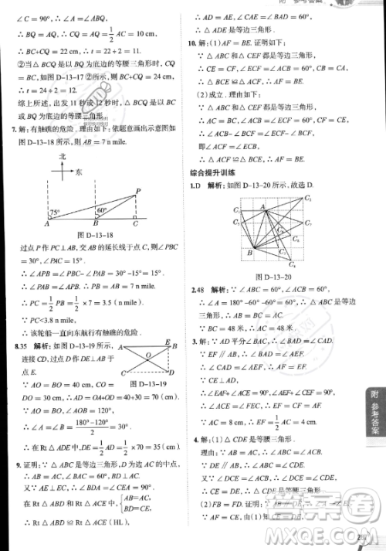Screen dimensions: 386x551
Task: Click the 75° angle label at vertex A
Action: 54,213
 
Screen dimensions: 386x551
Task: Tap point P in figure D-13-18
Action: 138,191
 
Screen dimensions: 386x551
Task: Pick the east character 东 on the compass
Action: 80,175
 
